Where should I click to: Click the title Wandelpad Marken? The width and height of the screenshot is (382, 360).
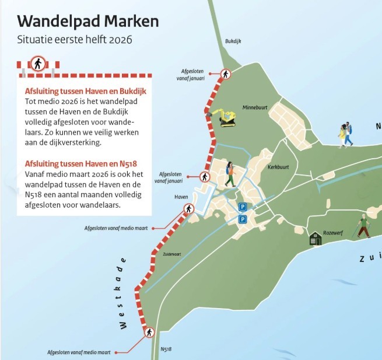(87, 22)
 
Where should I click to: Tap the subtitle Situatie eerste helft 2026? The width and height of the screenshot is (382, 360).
(75, 40)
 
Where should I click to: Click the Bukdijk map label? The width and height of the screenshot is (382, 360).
(233, 41)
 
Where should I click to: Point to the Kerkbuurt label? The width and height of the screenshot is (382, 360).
(279, 166)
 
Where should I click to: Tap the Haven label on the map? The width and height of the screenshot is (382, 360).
(181, 197)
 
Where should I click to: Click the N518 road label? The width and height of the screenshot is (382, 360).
(166, 349)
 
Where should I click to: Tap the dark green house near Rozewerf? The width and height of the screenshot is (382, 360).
(316, 238)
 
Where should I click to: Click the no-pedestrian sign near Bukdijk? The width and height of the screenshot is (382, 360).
(226, 74)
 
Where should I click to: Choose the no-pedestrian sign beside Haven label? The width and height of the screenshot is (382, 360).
(188, 209)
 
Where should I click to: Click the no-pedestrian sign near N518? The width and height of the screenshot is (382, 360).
(149, 333)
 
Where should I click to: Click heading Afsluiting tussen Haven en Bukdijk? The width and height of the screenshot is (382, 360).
(85, 92)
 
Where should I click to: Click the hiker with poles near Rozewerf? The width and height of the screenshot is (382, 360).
(364, 225)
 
